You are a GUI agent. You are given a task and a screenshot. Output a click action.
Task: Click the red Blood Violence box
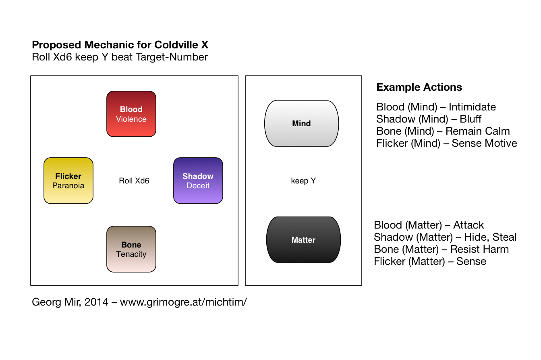[x=131, y=114]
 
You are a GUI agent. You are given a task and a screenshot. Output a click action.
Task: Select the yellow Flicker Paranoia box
[x=68, y=181]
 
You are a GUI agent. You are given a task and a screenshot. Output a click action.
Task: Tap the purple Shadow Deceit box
[x=198, y=181]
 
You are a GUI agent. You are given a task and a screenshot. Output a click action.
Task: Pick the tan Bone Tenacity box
[x=131, y=249]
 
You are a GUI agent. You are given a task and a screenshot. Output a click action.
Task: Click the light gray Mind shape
[x=301, y=123]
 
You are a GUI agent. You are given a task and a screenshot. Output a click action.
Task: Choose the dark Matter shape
[x=303, y=239]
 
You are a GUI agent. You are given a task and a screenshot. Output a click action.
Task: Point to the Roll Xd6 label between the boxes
[x=134, y=181]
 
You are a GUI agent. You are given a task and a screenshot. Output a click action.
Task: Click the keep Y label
[x=303, y=181]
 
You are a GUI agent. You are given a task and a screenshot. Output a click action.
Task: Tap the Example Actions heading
[x=419, y=87]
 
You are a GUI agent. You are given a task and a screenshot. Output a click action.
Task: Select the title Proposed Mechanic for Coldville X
[x=120, y=45]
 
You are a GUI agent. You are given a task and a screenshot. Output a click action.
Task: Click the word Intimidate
[x=472, y=107]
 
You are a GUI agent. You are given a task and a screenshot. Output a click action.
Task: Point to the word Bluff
[x=471, y=119]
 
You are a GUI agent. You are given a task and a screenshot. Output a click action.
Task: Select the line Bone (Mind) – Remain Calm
[x=443, y=131]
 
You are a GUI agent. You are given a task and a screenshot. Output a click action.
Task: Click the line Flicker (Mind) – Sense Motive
[x=447, y=144]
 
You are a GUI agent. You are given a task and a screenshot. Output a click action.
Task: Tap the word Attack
[x=468, y=225]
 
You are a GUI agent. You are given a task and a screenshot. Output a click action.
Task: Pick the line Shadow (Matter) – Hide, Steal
[x=445, y=237]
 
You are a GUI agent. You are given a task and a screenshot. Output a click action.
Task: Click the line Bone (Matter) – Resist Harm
[x=441, y=249]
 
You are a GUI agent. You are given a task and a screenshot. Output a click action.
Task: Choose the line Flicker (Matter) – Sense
[x=430, y=261]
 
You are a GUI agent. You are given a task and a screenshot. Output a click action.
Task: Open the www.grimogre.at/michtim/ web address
[x=183, y=302]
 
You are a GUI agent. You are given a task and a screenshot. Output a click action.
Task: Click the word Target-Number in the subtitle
[x=172, y=57]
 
